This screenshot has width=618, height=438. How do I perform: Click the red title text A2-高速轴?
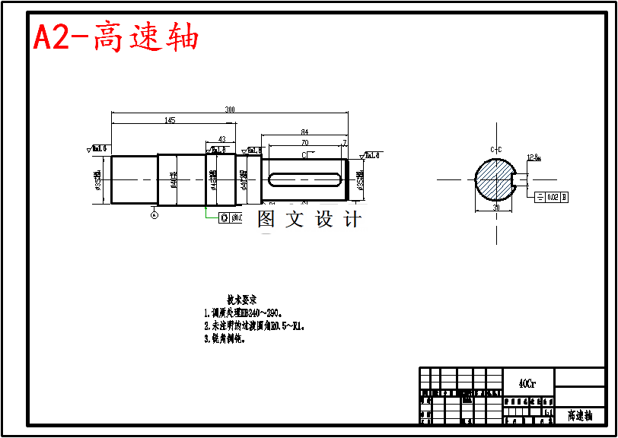[116, 37]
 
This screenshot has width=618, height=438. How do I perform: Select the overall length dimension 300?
[230, 109]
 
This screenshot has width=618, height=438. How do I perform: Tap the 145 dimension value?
[170, 120]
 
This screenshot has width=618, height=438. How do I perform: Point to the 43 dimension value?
[221, 139]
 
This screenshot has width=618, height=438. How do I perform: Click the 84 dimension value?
[304, 132]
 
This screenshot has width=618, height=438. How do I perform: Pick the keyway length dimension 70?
[304, 142]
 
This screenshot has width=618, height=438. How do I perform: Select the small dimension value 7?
[345, 142]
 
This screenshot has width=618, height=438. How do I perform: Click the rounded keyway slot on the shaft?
[304, 179]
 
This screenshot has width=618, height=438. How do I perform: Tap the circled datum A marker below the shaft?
[154, 215]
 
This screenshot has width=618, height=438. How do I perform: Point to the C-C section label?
[495, 149]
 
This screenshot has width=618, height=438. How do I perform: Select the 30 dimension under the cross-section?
[495, 207]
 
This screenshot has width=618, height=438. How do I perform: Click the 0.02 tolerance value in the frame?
[553, 197]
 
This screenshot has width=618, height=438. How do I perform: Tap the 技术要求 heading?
[241, 300]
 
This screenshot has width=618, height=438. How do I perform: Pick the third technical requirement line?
[225, 340]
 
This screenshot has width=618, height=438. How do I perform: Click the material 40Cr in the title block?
[527, 384]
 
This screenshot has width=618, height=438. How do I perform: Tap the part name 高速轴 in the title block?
[580, 416]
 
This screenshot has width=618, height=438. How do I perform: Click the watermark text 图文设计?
[309, 220]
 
